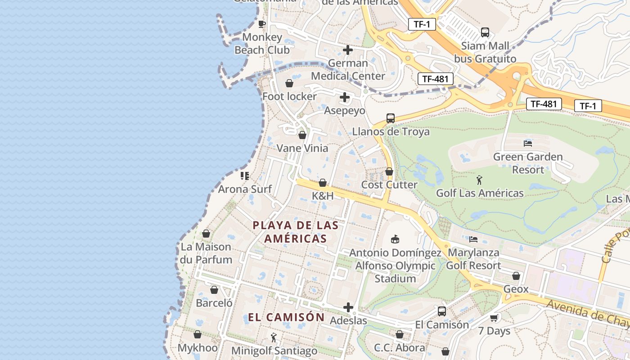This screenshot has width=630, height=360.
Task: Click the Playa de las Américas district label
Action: [x=295, y=232]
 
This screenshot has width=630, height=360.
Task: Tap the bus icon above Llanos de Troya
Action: [x=391, y=118]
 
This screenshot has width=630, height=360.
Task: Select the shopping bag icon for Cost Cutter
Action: [x=389, y=171]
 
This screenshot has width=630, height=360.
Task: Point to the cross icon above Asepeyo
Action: [x=345, y=97]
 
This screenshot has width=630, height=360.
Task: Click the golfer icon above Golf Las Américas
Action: [x=479, y=180]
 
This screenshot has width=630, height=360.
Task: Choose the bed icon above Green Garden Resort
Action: [x=528, y=144]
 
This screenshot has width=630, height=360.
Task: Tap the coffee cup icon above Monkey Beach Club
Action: [x=262, y=24]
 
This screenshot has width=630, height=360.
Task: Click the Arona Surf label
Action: [x=245, y=189]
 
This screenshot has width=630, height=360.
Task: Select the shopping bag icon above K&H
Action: [x=323, y=183]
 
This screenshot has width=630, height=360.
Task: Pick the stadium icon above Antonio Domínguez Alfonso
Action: [x=395, y=239]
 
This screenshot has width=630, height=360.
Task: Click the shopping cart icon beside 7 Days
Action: [x=494, y=318]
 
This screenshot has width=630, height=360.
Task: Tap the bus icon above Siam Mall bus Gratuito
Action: [x=485, y=32]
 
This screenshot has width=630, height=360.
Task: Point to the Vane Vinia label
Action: [x=302, y=148]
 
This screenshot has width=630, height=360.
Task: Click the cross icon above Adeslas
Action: [x=348, y=307]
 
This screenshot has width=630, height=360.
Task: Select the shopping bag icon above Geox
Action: [x=516, y=276]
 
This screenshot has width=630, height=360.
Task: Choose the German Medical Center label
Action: [x=348, y=70]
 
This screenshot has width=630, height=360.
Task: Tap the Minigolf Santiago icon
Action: [x=274, y=337]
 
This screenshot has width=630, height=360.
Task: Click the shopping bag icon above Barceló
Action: [x=214, y=290]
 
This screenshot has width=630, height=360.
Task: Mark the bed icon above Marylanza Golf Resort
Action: [x=473, y=239]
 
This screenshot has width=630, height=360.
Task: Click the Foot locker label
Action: [x=289, y=96]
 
